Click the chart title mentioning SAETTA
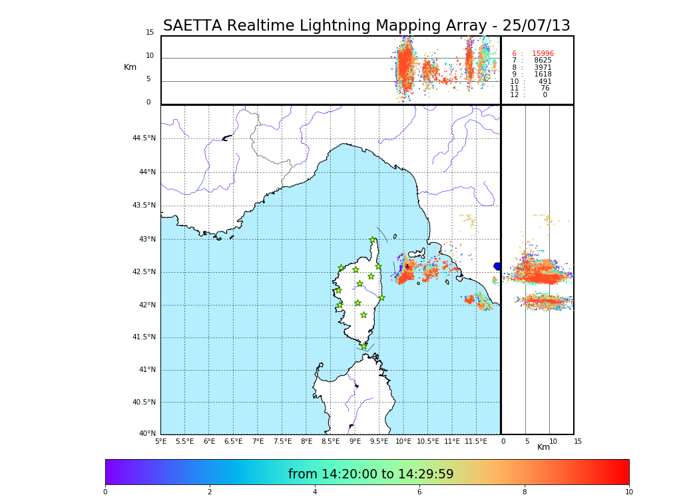click(x=366, y=26)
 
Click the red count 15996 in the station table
click(x=543, y=54)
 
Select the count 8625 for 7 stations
click(x=543, y=61)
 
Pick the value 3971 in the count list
click(x=543, y=68)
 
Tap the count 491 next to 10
click(x=545, y=82)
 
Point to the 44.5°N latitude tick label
click(x=144, y=138)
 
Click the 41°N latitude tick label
click(x=147, y=370)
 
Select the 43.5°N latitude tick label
click(x=144, y=206)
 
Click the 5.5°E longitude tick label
click(x=184, y=441)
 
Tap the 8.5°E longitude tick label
click(x=331, y=441)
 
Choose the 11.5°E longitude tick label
click(x=476, y=441)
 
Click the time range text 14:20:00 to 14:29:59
click(x=371, y=474)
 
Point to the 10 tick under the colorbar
click(x=628, y=492)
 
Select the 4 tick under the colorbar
click(x=315, y=492)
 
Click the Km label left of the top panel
click(x=130, y=67)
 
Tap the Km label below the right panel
click(x=543, y=447)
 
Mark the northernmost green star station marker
click(x=373, y=240)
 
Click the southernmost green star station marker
click(x=363, y=346)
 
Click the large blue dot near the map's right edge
click(x=497, y=266)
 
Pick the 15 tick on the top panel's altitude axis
click(x=150, y=33)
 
